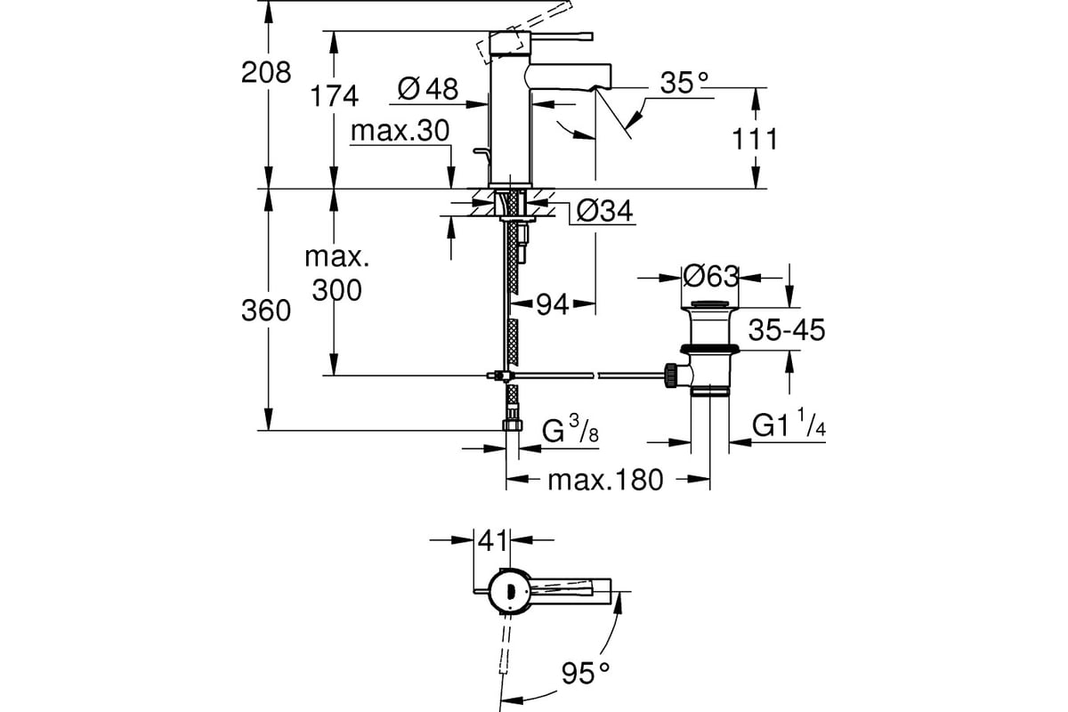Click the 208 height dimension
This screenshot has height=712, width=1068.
(266, 73)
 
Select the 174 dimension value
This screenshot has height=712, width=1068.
(334, 96)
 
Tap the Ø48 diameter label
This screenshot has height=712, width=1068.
(428, 88)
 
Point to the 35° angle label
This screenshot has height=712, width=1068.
(684, 83)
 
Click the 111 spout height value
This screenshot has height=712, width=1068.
(755, 139)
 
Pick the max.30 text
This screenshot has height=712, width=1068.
(400, 130)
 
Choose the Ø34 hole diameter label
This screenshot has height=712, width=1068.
(604, 210)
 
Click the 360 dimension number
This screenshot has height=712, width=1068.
(266, 311)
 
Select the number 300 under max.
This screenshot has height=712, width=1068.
(337, 289)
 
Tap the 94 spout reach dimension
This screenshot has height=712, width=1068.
(553, 304)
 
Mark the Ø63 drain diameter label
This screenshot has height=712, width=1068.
(711, 276)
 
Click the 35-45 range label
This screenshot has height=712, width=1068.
(787, 329)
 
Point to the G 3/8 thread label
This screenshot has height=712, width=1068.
(570, 429)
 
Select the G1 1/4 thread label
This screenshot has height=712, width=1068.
(789, 423)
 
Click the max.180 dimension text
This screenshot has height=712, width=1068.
(605, 481)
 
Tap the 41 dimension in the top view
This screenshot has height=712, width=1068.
(493, 542)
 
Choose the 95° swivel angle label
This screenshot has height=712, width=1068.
(586, 674)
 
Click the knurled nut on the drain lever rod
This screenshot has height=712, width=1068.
(669, 376)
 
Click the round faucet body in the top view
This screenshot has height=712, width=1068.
(510, 590)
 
